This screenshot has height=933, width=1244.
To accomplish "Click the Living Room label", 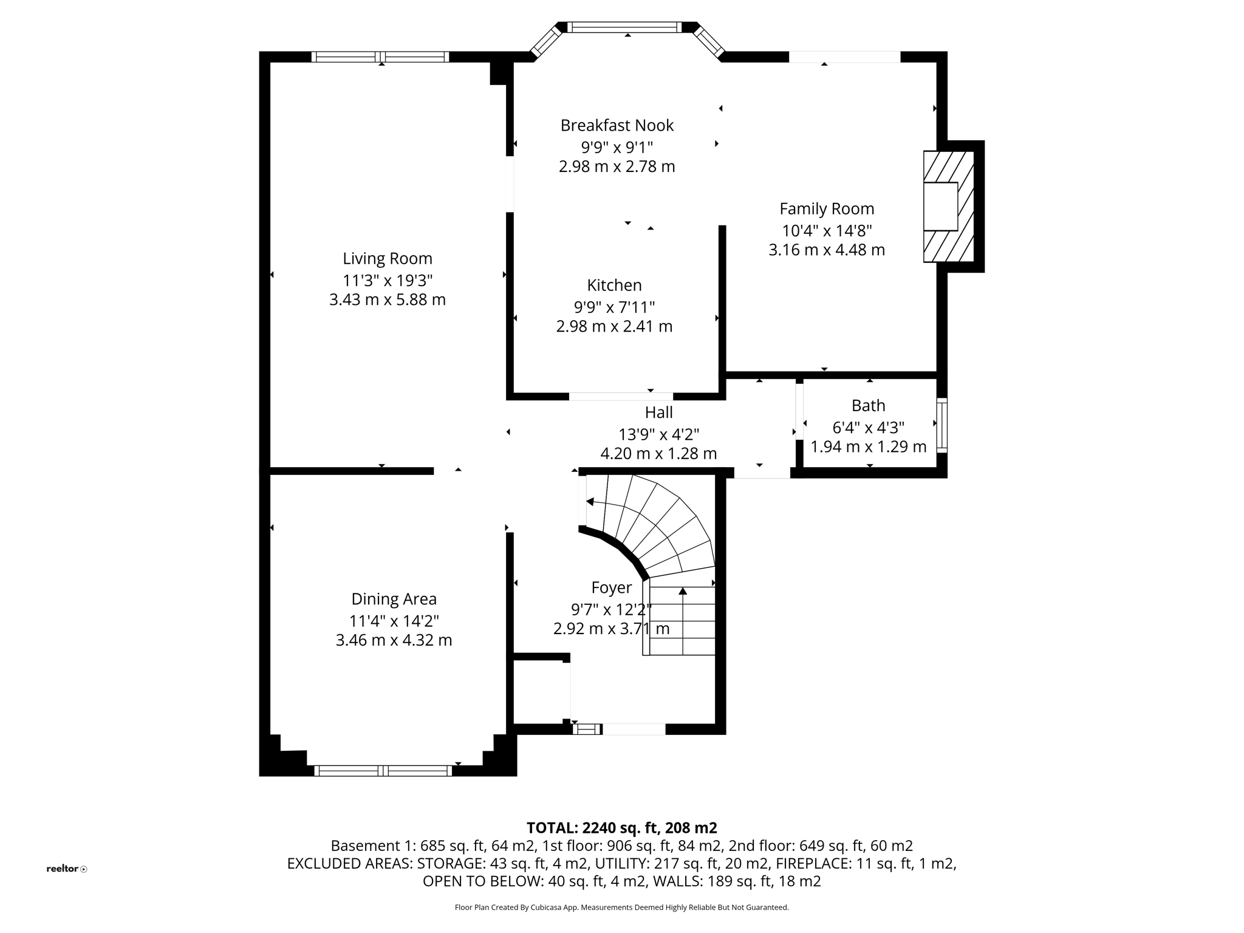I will point(388,259).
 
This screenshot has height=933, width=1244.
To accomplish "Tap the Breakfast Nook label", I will point(617,126).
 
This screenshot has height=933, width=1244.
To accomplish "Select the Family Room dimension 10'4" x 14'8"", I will point(827,231).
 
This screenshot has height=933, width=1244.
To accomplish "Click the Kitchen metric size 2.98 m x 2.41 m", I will point(614,326).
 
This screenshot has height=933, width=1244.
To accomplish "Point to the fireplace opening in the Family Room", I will point(940,207).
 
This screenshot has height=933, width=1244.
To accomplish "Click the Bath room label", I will point(868,405).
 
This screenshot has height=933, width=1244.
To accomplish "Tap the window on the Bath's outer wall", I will point(941,425).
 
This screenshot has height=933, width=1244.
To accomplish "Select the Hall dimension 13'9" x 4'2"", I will point(658,434).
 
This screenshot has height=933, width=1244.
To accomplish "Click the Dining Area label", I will point(394,599).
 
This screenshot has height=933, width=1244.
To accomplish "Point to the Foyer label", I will point(611,587).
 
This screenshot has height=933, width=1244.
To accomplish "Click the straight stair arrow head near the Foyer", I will point(683,591).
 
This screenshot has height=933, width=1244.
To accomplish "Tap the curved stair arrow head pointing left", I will point(590,502).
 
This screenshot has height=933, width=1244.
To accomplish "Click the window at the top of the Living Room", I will point(380,57).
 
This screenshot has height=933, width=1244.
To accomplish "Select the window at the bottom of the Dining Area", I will point(383,771).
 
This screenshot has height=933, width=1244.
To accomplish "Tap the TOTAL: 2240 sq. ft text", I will point(621,828).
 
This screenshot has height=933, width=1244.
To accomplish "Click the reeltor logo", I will point(66,869).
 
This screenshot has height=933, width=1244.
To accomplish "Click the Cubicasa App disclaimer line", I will point(621,907).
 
